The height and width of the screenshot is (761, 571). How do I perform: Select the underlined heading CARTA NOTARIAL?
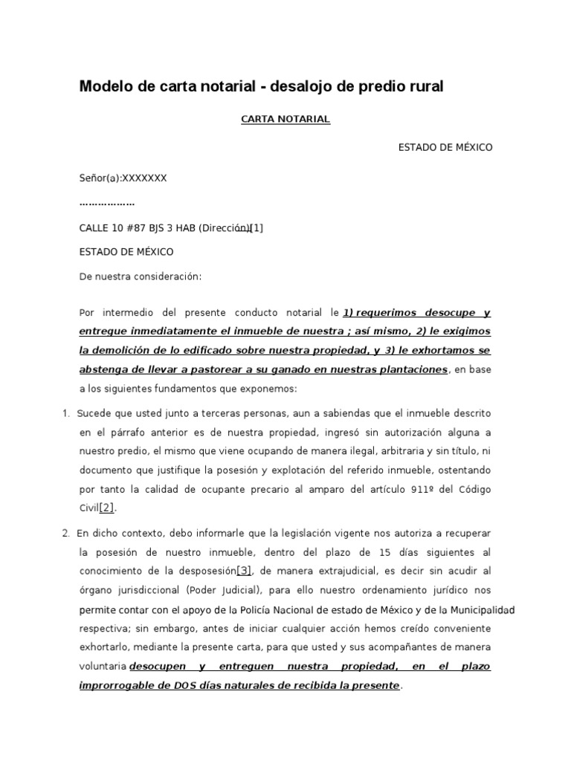(285, 119)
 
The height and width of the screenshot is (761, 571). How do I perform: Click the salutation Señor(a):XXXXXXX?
(123, 178)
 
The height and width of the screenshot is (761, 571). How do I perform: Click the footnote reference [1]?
(257, 228)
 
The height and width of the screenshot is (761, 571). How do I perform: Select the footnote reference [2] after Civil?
(108, 508)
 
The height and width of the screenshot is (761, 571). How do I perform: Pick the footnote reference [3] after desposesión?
(245, 571)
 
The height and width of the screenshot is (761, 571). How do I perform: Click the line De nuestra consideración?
(141, 276)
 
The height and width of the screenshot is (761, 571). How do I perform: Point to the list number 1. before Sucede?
(66, 413)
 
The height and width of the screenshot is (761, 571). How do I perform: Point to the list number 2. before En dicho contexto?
(66, 534)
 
